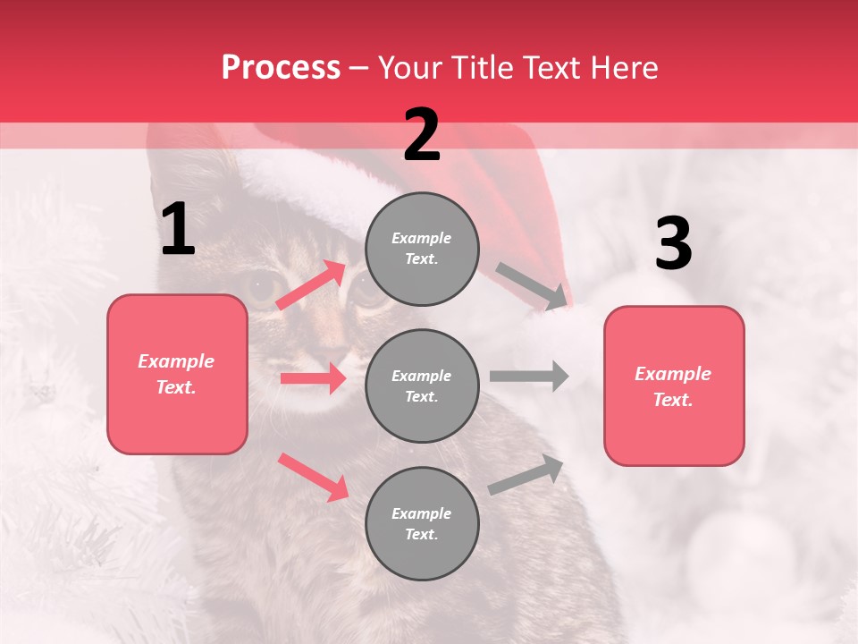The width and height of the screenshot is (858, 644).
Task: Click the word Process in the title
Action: click(x=281, y=68)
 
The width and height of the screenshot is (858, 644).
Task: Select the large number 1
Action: click(x=178, y=230)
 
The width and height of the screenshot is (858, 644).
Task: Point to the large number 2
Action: click(x=422, y=135)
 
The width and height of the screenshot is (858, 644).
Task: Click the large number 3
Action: click(x=673, y=244)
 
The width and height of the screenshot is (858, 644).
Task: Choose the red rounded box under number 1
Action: click(x=177, y=374)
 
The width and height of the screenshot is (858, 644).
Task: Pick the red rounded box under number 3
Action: click(x=674, y=386)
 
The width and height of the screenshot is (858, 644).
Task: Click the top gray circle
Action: click(x=422, y=249)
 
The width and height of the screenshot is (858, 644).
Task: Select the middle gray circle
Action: click(x=422, y=386)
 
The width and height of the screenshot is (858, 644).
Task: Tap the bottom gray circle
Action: click(x=422, y=524)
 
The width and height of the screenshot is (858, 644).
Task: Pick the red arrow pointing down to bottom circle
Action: click(x=313, y=476)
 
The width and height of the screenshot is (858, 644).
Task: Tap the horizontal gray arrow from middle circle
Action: click(x=528, y=377)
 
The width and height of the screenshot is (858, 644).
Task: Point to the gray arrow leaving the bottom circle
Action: click(x=526, y=474)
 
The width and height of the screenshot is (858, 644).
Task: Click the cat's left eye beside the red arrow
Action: click(x=263, y=289)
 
